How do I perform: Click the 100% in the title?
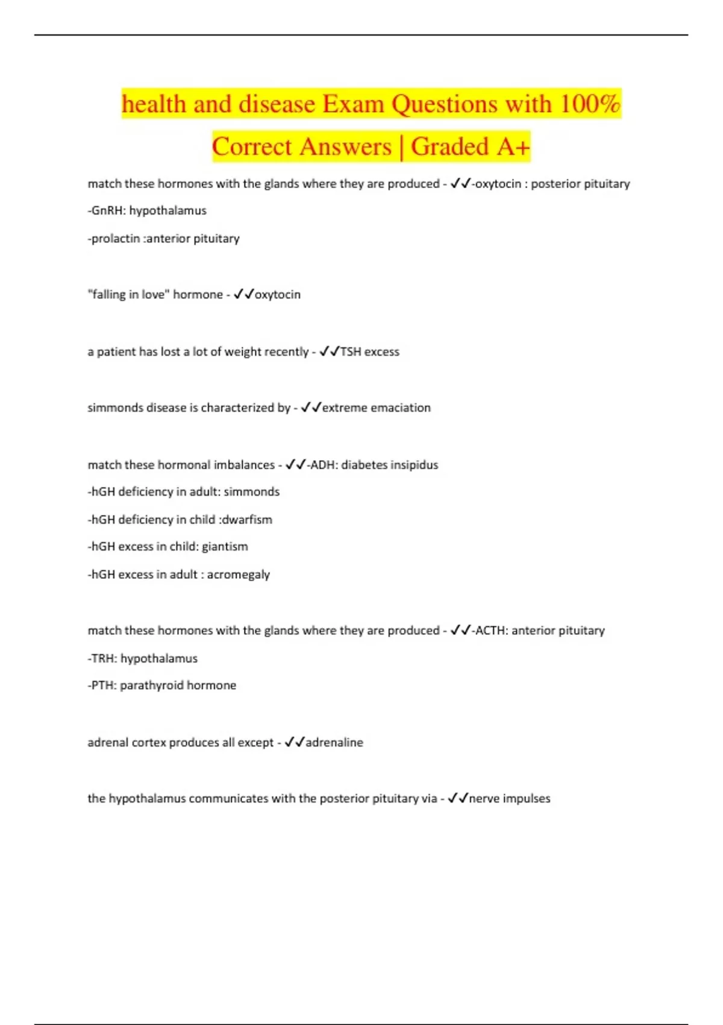tap(589, 104)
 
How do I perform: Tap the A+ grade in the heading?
tap(513, 147)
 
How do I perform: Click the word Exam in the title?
tap(353, 104)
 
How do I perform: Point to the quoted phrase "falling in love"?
tap(128, 294)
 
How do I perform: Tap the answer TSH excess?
tap(369, 352)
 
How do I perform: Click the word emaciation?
tap(401, 408)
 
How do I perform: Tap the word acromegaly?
tap(239, 574)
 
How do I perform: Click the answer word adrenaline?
tap(334, 742)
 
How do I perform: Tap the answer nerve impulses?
tap(510, 798)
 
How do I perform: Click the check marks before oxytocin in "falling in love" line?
tap(244, 294)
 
